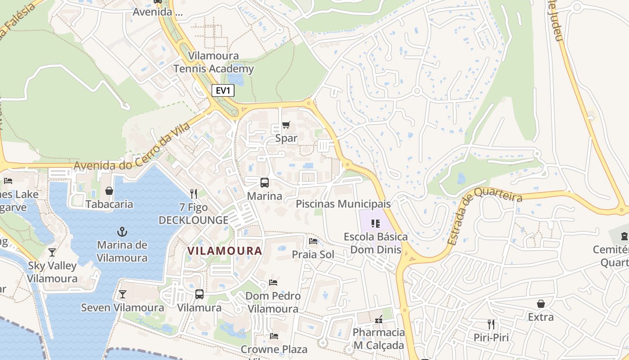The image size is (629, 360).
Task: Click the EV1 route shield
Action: (223, 90)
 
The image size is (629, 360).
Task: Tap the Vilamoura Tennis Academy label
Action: (214, 63)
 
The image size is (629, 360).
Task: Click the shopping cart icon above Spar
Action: (286, 125)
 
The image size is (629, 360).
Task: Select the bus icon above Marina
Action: (265, 183)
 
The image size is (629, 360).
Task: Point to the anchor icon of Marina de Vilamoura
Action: (122, 232)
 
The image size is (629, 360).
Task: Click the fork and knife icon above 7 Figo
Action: (194, 194)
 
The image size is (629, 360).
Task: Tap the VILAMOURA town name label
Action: (225, 251)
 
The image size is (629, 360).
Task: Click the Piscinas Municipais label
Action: (343, 204)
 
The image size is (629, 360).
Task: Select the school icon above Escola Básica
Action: (376, 224)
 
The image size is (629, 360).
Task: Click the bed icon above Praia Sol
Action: (313, 241)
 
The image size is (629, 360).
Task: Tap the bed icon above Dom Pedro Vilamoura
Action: (273, 283)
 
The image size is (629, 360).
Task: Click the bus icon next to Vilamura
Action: (199, 294)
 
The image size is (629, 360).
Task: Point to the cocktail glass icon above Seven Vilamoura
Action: (122, 294)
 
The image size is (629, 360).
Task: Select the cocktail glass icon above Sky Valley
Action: (52, 252)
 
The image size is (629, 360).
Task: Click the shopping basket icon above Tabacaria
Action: (109, 191)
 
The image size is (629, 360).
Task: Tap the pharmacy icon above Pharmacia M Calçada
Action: (379, 319)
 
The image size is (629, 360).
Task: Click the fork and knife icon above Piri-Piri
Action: (491, 324)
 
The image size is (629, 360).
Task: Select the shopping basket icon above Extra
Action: (540, 304)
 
